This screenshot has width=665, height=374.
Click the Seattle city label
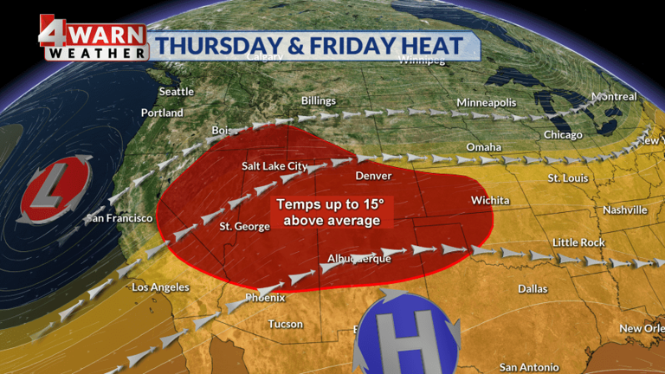tap(177, 92)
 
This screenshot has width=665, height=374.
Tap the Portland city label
tap(162, 113)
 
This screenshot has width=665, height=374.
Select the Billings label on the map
tap(318, 101)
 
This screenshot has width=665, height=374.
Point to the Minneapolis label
tap(486, 103)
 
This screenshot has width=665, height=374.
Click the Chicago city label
tap(563, 135)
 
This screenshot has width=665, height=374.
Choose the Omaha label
tap(483, 147)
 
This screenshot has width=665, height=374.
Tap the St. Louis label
tap(568, 177)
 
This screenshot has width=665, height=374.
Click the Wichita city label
tap(490, 200)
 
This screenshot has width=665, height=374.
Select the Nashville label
tap(624, 210)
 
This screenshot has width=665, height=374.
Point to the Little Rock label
tap(578, 242)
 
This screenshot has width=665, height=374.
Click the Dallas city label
tap(533, 288)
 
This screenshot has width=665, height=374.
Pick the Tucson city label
tap(285, 324)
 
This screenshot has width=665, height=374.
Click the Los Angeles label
tap(162, 287)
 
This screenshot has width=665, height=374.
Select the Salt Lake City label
tap(274, 165)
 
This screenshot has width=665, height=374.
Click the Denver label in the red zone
tap(373, 176)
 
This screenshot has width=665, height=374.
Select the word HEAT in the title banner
tap(429, 46)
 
